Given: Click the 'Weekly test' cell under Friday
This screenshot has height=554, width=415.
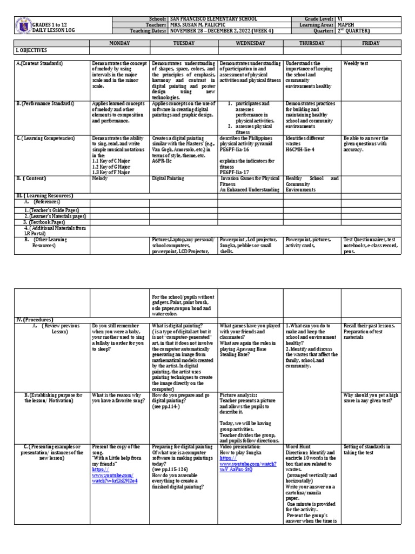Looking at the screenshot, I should [x=357, y=63].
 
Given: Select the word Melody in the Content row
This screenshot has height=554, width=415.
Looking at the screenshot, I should [x=100, y=177].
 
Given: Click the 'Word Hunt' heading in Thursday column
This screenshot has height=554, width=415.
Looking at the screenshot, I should [x=298, y=446].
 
